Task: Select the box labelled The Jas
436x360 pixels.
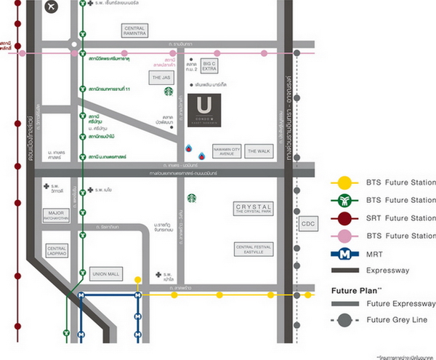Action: click(x=161, y=76)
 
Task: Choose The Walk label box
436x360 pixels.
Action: click(x=258, y=151)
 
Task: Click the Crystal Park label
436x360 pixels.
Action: click(x=253, y=209)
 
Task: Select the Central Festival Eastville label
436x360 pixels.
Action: click(x=254, y=249)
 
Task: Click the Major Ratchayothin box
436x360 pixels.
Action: click(x=50, y=216)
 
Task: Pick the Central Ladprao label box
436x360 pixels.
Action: click(x=57, y=250)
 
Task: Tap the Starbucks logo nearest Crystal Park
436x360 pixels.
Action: click(x=192, y=197)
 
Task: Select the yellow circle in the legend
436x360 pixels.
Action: click(x=344, y=183)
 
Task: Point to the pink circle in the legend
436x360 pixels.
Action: click(x=344, y=236)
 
